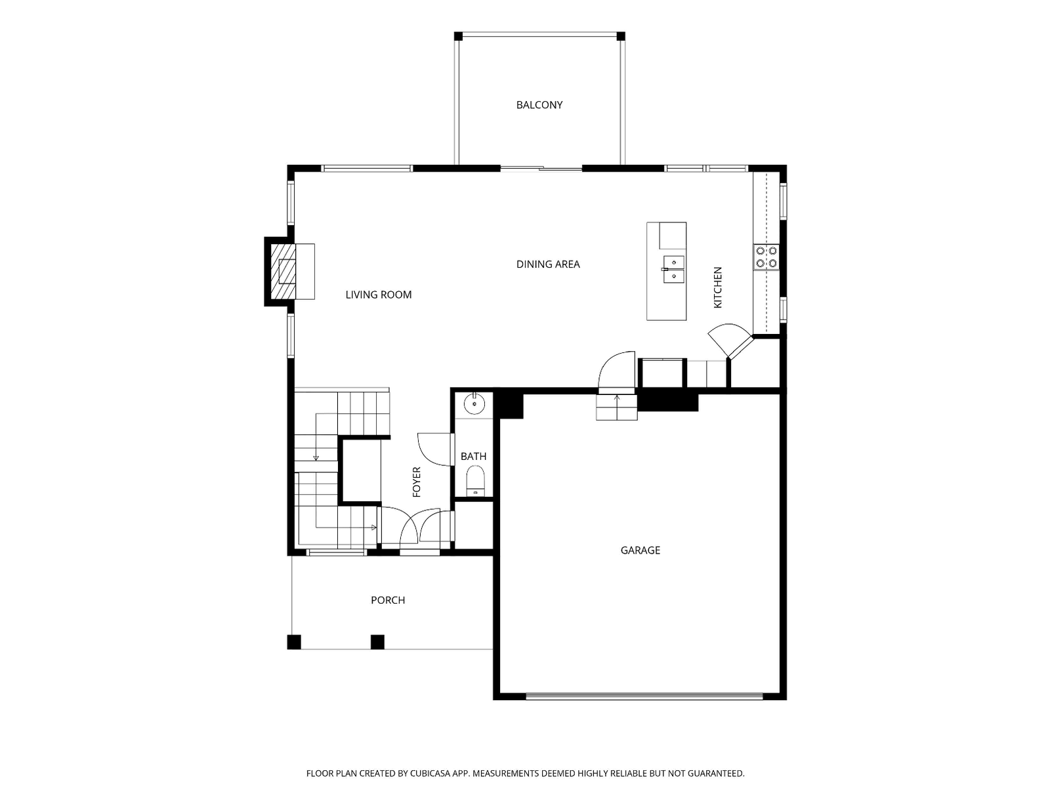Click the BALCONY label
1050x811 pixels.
point(539,105)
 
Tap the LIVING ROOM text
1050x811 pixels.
point(379,295)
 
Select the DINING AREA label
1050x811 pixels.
point(548,264)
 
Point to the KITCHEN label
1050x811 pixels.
point(717,287)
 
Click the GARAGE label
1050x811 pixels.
point(640,550)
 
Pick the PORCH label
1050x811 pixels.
point(388,600)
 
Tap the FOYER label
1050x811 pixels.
point(417,482)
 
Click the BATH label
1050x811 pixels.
point(474,456)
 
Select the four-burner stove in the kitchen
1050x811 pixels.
point(766,257)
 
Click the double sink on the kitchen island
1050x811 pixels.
point(673,270)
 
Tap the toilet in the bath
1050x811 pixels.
point(476,480)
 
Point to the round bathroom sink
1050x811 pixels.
point(474,404)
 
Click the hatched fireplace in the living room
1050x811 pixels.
point(283,272)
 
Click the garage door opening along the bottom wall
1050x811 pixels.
point(644,696)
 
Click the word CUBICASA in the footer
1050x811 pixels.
point(432,774)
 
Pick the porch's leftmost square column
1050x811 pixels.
point(294,642)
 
